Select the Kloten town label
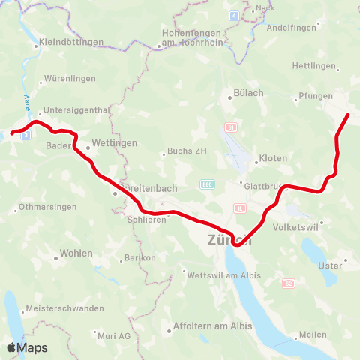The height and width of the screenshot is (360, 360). (272, 159)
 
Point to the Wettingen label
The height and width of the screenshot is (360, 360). (114, 142)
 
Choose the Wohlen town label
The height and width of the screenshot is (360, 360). (75, 253)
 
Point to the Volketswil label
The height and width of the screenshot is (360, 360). (297, 226)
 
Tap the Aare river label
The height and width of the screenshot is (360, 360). (28, 101)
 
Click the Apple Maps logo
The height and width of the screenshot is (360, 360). (27, 347)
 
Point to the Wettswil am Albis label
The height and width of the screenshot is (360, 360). (225, 275)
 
